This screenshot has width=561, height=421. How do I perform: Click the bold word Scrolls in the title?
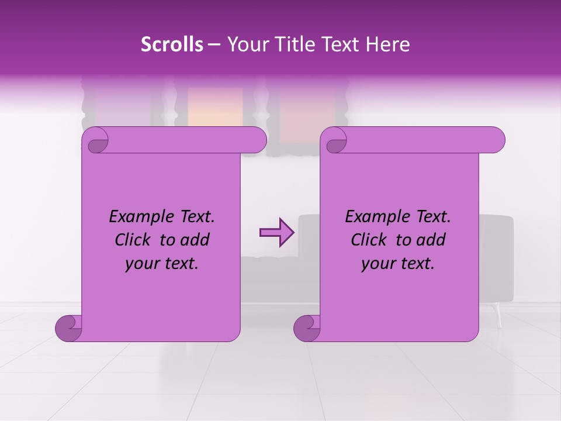[172, 44]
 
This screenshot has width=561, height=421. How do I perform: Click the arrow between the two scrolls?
[276, 233]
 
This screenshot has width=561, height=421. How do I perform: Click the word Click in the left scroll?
[134, 240]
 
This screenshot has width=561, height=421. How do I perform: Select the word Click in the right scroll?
[370, 240]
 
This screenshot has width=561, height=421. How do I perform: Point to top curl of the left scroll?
[98, 141]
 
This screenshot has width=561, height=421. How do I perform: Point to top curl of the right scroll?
[336, 141]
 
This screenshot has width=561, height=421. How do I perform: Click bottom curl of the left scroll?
[69, 329]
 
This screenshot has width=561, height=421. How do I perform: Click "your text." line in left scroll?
[162, 263]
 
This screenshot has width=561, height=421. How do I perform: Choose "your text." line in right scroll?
[398, 263]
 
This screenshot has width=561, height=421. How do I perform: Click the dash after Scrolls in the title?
[214, 44]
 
